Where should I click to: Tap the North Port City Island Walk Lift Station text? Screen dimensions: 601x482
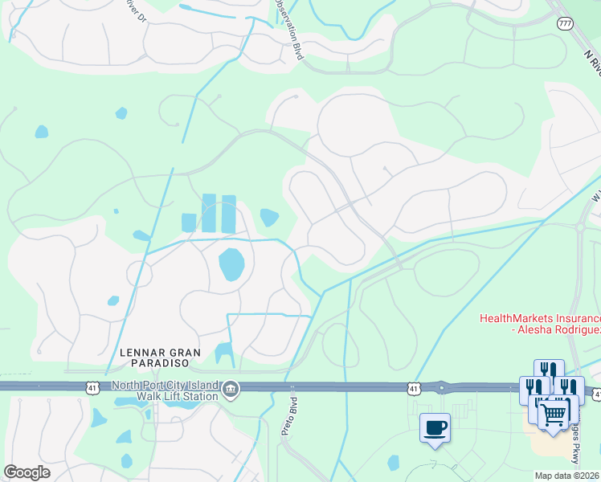(166, 390)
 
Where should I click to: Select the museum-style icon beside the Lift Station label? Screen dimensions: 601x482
(231, 390)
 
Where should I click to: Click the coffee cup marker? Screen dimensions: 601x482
(435, 427)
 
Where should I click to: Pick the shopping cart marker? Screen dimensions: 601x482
(553, 415)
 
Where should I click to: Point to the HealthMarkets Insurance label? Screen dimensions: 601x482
(540, 324)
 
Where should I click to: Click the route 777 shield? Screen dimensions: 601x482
(564, 23)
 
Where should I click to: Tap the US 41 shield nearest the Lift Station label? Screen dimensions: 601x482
(94, 387)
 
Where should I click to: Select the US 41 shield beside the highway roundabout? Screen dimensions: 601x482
(414, 389)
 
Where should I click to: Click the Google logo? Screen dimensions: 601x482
(27, 472)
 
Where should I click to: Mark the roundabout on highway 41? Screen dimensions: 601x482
(441, 387)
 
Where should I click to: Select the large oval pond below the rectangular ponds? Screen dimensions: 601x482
(231, 263)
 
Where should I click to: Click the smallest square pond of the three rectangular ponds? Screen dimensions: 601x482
(190, 223)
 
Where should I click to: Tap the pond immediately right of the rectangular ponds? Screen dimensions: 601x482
(269, 217)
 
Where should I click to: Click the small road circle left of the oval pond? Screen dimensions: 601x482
(139, 274)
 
